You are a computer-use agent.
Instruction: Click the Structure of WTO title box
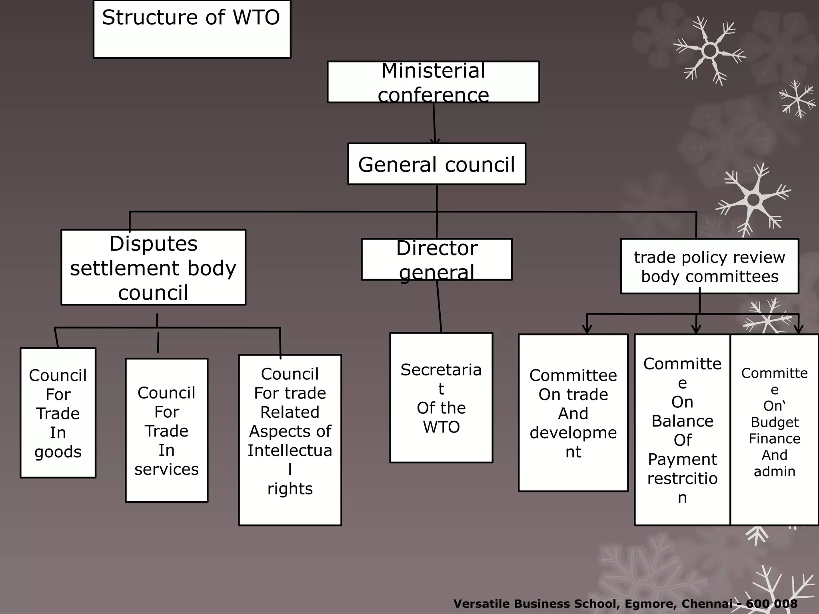[192, 29]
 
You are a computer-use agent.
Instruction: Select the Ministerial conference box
[433, 82]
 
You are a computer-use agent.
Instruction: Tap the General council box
[436, 164]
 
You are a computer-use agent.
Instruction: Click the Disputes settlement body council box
[153, 267]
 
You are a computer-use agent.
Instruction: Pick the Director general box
[436, 259]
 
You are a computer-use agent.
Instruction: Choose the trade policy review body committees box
[709, 266]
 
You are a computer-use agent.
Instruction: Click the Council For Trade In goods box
[58, 413]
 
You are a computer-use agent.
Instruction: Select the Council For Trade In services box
[166, 430]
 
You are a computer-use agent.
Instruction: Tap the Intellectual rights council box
[290, 440]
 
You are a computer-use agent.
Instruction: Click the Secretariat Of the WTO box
[441, 398]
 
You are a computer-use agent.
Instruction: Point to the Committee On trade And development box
[573, 413]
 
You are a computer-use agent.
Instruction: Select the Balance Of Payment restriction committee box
[682, 430]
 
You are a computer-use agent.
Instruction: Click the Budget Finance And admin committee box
[774, 430]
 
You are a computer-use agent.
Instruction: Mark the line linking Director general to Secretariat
[439, 306]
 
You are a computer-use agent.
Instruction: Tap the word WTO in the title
[256, 18]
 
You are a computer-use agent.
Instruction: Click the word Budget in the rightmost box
[775, 422]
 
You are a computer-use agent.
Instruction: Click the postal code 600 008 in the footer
[771, 604]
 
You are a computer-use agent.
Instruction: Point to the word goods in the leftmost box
[58, 452]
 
